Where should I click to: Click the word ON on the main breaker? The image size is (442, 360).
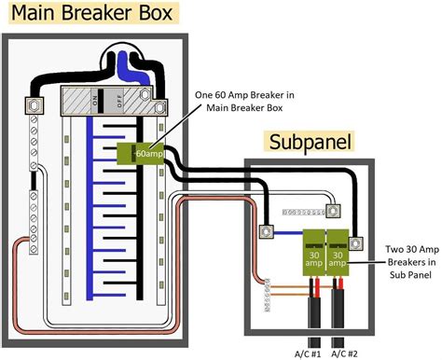click(x=90, y=98)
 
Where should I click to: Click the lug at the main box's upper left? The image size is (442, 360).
click(x=35, y=105)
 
